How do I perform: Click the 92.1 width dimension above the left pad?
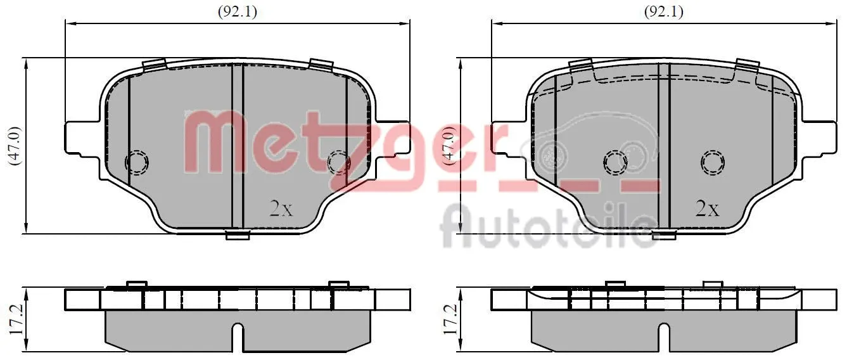pos(238,11)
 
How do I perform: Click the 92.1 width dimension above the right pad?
pos(663,11)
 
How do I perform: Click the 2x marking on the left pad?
pos(281,209)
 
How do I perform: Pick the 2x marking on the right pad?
pos(707,208)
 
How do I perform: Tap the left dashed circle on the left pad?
pos(136,162)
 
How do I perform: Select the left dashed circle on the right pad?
pos(615,162)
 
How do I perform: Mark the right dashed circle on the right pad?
pos(713,162)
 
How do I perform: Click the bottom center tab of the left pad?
pos(238,236)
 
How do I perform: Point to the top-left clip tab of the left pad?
pos(154,65)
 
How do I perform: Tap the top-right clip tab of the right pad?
pos(748,65)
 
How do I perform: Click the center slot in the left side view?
pos(238,336)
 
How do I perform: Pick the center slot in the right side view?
pos(663,336)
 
